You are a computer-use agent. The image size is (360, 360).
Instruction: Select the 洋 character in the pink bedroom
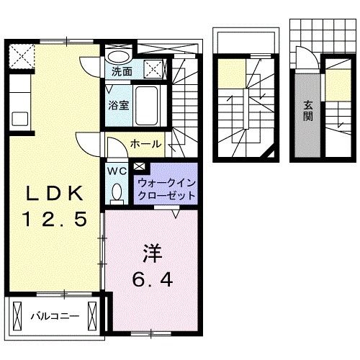tap(150, 254)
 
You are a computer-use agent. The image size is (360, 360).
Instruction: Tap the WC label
tap(116, 171)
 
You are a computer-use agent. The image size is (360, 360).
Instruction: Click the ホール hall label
tap(145, 144)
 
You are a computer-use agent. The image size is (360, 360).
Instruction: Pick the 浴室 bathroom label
tap(118, 105)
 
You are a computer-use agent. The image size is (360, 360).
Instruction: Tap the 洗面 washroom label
tap(122, 71)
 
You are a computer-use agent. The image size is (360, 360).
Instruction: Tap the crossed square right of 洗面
tap(152, 70)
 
